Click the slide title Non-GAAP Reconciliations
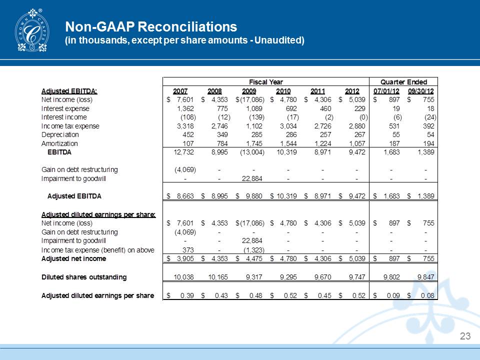click(151, 25)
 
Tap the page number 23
click(465, 336)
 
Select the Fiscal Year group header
click(266, 81)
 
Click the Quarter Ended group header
click(403, 81)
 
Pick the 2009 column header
click(248, 91)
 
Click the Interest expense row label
click(65, 108)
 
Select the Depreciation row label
click(60, 134)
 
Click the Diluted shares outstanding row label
click(83, 276)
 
